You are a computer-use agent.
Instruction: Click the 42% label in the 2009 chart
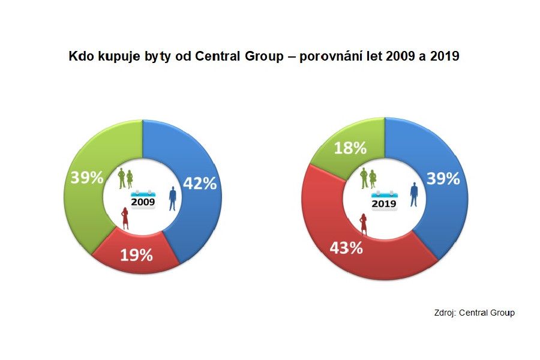pyautogui.click(x=199, y=184)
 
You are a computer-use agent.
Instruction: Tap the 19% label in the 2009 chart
pyautogui.click(x=136, y=255)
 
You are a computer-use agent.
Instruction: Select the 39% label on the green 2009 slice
pyautogui.click(x=86, y=178)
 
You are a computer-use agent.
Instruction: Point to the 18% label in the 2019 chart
pyautogui.click(x=350, y=148)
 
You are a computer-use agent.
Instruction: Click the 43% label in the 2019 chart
pyautogui.click(x=346, y=247)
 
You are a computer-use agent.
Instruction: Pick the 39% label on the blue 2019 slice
pyautogui.click(x=443, y=178)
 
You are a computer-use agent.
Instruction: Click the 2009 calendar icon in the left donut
pyautogui.click(x=143, y=199)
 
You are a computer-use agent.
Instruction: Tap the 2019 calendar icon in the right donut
pyautogui.click(x=384, y=200)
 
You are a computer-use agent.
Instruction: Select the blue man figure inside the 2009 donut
pyautogui.click(x=173, y=198)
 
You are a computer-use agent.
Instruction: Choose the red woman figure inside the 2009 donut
pyautogui.click(x=125, y=218)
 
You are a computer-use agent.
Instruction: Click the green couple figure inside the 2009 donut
pyautogui.click(x=125, y=178)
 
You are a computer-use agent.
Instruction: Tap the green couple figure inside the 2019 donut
pyautogui.click(x=368, y=178)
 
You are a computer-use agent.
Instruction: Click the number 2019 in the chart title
pyautogui.click(x=445, y=57)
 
